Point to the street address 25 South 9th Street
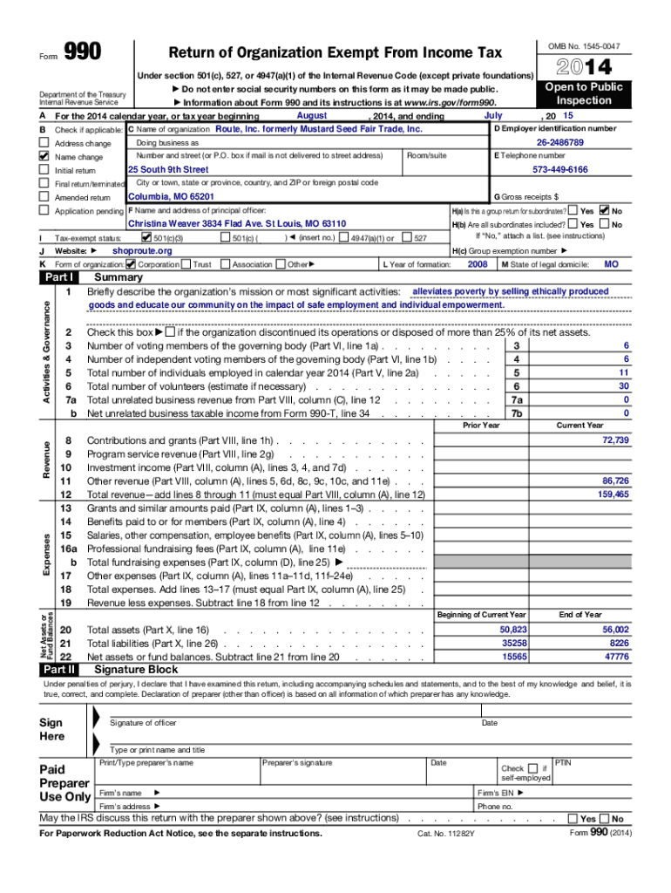tap(169, 169)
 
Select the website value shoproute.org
tap(143, 251)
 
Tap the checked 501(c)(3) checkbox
tap(146, 237)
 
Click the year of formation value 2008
tap(478, 264)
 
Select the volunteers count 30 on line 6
tap(623, 385)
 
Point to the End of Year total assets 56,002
tap(614, 629)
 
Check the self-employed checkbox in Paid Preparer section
tap(532, 768)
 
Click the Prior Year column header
tap(481, 426)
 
